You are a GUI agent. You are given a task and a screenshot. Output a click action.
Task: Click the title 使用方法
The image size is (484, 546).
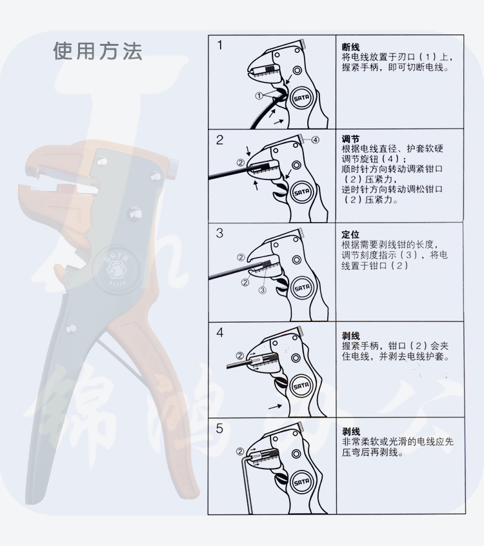(x=97, y=51)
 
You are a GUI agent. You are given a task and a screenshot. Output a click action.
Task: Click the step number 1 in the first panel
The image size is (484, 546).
(x=219, y=45)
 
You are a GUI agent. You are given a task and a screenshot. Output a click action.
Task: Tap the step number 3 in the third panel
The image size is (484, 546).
(x=219, y=233)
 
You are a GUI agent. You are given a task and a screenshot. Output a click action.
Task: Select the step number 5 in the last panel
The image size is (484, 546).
(x=219, y=429)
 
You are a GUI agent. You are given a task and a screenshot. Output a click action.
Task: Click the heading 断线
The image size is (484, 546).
(x=350, y=47)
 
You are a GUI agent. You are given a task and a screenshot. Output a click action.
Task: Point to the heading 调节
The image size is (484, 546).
(x=350, y=139)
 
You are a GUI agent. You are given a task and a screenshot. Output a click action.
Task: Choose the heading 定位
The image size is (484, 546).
(x=350, y=234)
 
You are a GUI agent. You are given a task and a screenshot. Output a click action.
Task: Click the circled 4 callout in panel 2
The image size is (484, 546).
(x=315, y=139)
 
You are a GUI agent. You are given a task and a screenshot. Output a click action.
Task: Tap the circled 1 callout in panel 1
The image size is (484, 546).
(x=259, y=96)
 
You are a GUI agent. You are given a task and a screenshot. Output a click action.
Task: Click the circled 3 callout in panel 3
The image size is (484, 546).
(x=262, y=289)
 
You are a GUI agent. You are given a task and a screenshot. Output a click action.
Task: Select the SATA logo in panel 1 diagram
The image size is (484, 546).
(x=301, y=99)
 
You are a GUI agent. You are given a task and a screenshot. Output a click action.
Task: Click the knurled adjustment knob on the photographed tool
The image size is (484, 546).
(x=173, y=168)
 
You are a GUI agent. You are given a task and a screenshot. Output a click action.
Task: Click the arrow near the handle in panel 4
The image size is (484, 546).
(x=275, y=407)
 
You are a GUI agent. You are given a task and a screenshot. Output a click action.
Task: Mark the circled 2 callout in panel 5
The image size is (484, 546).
(x=240, y=452)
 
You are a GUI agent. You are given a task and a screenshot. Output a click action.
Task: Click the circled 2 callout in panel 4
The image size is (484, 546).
(x=240, y=356)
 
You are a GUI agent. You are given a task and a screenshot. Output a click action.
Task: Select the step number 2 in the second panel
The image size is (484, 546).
(x=219, y=140)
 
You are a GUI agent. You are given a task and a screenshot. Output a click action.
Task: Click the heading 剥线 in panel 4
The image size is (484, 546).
(x=350, y=336)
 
